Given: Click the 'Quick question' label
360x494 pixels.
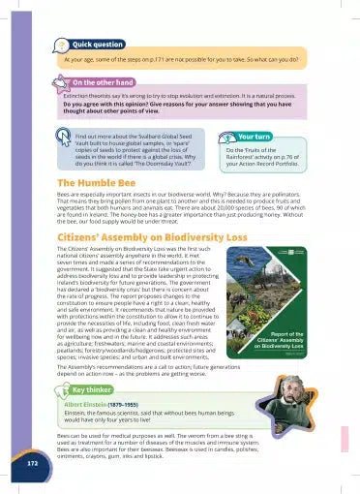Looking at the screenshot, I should click(97, 45).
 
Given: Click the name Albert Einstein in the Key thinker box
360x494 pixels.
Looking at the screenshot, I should click(103, 403).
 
